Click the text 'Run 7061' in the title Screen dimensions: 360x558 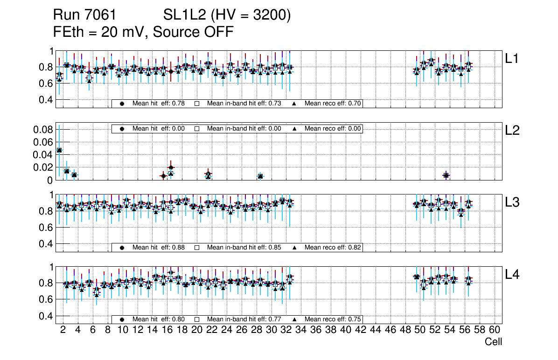(84, 15)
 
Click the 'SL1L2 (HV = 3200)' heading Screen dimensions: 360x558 (227, 15)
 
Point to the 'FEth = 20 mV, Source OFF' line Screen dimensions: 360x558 (143, 32)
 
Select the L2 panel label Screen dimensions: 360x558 (512, 131)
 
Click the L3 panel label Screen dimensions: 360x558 (512, 202)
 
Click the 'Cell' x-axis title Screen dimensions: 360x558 (493, 342)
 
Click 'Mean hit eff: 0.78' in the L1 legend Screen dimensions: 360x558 (158, 104)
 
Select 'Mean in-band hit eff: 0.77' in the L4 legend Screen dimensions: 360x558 (244, 319)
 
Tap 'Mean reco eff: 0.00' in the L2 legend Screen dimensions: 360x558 (333, 129)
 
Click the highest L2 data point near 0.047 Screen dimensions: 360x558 (59, 150)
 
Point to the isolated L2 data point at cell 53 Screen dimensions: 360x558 (446, 175)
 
